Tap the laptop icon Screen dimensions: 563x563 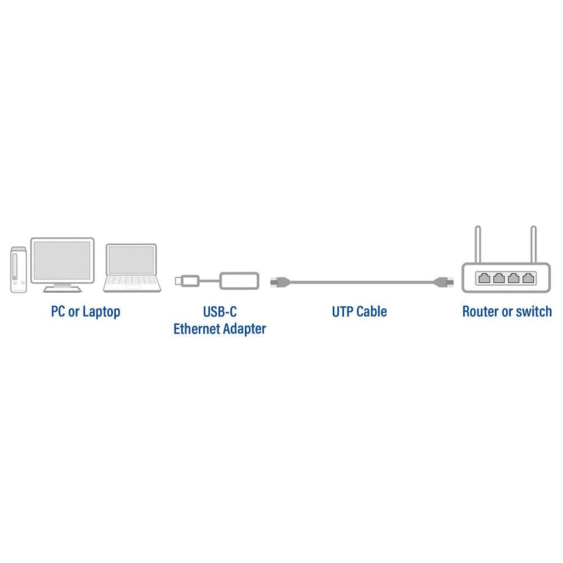tap(130, 267)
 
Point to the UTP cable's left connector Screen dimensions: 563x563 tap(278, 282)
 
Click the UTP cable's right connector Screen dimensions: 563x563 tap(445, 282)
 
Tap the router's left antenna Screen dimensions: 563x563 tap(477, 243)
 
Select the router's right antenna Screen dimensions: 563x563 tap(533, 243)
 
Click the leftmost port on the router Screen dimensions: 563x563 tap(484, 277)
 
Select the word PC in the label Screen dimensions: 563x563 tap(58, 311)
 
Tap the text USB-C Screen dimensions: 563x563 tap(220, 311)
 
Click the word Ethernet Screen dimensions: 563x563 tap(197, 328)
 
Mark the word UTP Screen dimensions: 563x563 tap(343, 311)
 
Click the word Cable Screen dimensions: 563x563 tap(372, 311)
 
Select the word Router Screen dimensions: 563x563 tap(481, 311)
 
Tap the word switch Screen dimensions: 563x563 tap(533, 311)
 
